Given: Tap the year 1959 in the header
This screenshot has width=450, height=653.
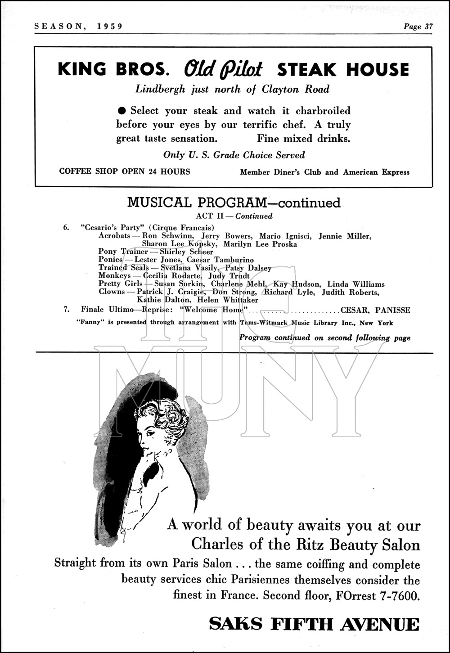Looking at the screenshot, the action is pyautogui.click(x=109, y=27).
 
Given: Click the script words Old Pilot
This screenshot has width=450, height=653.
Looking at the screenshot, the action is pyautogui.click(x=223, y=69).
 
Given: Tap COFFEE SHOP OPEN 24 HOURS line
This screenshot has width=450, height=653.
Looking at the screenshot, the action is pyautogui.click(x=125, y=171).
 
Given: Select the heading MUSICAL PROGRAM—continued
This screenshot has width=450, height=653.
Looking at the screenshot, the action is pyautogui.click(x=234, y=203).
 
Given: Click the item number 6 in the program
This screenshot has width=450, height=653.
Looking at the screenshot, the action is pyautogui.click(x=66, y=228).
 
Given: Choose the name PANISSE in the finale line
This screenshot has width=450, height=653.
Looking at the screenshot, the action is pyautogui.click(x=393, y=310).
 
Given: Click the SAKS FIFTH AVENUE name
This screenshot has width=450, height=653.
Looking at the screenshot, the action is pyautogui.click(x=314, y=625).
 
